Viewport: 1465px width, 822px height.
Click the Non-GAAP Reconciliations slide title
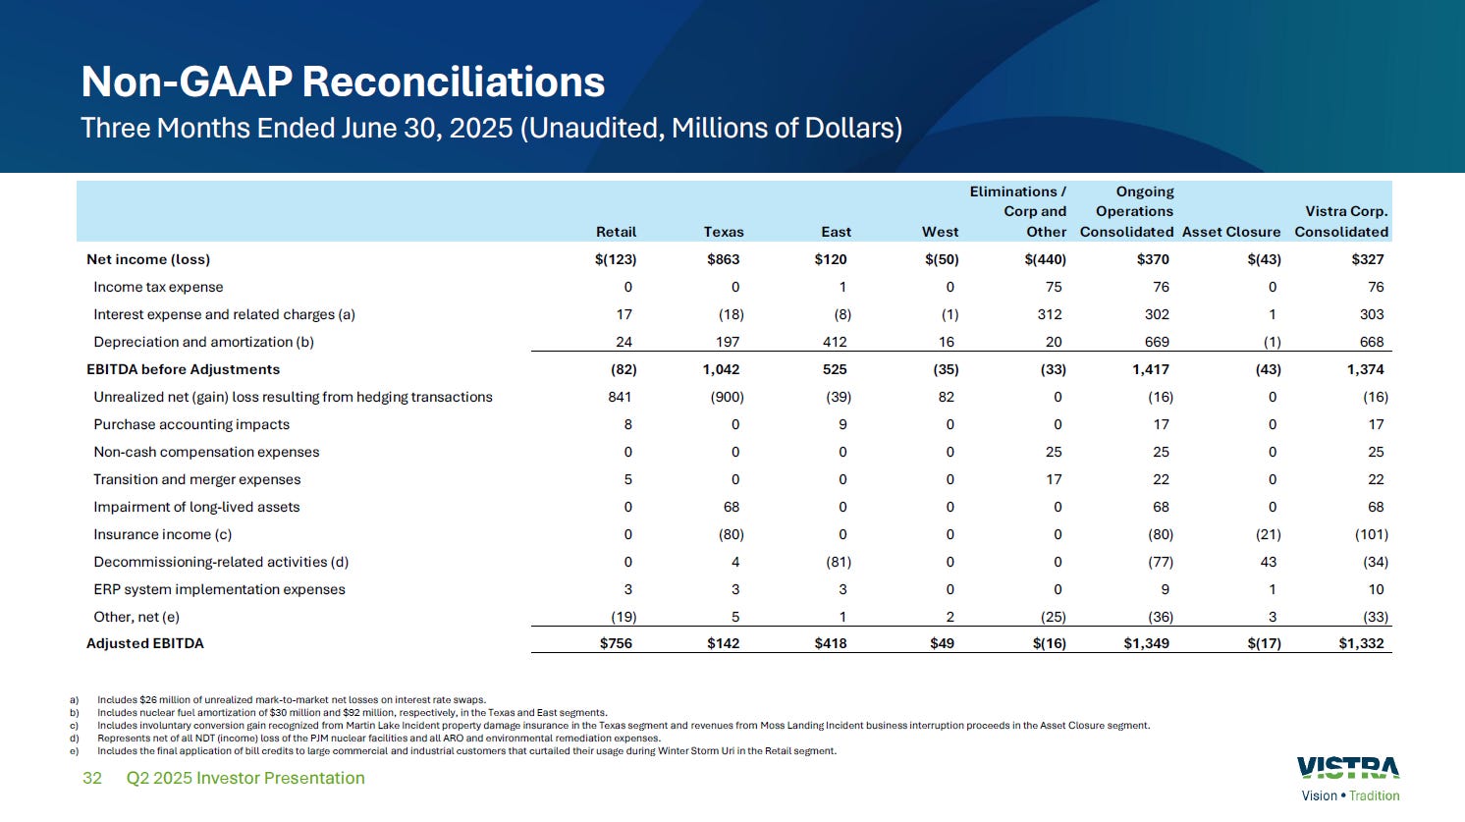pos(343,82)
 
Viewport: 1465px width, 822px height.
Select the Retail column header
pos(616,232)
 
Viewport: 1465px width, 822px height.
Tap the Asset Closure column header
pos(1231,232)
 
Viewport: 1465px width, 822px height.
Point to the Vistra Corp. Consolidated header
pos(1342,222)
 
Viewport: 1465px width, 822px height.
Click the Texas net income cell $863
pos(723,259)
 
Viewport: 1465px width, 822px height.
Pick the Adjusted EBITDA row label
pos(145,643)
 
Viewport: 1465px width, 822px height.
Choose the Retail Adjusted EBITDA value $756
pos(616,643)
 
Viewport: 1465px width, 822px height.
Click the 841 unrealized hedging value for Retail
pos(620,397)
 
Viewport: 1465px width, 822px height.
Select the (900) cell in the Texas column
pos(727,397)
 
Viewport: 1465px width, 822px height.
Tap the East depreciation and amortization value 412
pos(835,342)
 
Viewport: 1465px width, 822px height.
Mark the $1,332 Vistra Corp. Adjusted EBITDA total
pos(1361,643)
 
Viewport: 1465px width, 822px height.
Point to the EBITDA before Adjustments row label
pos(183,369)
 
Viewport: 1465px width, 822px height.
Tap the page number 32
pos(92,778)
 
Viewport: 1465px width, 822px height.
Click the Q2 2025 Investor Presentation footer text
pos(245,778)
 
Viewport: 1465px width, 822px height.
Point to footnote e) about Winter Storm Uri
pos(466,751)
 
